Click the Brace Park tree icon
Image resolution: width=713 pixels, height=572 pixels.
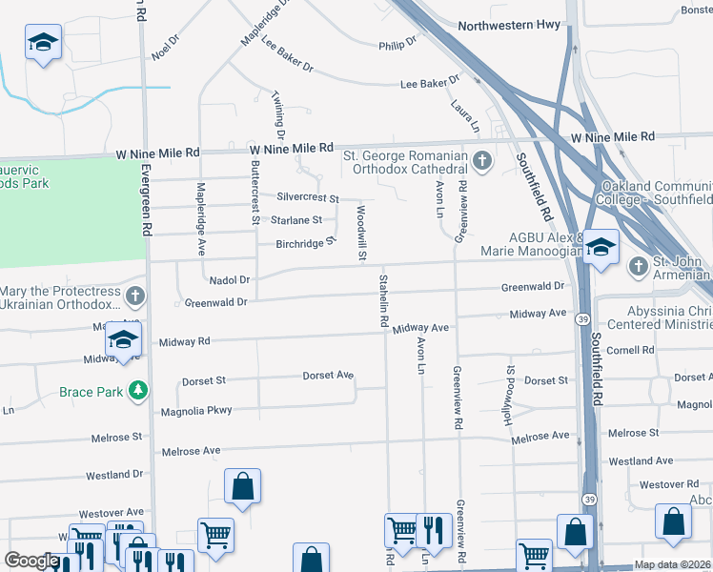click(x=139, y=391)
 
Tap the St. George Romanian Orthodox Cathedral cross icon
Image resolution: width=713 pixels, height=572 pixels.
click(x=481, y=161)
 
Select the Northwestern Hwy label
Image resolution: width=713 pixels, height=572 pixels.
click(x=511, y=26)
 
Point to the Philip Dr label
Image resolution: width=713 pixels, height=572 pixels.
click(x=397, y=44)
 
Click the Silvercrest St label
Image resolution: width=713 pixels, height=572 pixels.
click(x=308, y=197)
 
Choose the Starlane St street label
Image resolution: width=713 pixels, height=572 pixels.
click(x=296, y=220)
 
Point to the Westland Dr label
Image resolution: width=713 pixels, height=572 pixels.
click(x=114, y=475)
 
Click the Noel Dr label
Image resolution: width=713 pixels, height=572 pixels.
click(x=165, y=48)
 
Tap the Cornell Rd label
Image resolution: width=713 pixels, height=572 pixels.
click(x=629, y=350)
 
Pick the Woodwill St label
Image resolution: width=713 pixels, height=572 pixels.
click(x=361, y=232)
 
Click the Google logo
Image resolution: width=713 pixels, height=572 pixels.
click(x=31, y=561)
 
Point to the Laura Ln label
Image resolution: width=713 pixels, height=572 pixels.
click(x=466, y=114)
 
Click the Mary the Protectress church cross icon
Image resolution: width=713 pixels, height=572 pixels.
click(x=135, y=296)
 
